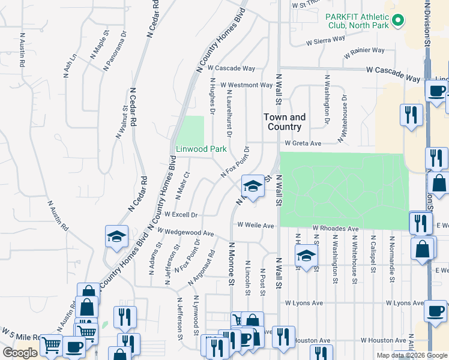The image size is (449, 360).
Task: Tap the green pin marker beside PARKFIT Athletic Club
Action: click(x=397, y=22)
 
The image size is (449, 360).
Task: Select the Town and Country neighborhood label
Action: click(x=285, y=122)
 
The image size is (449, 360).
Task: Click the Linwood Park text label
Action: click(x=200, y=148)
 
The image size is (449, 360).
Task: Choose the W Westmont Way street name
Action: click(x=246, y=85)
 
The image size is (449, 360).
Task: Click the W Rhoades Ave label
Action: click(x=335, y=229)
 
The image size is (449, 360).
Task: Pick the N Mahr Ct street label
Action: click(x=182, y=185)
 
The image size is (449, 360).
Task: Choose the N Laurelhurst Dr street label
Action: click(x=229, y=106)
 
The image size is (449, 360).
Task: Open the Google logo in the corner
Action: click(x=20, y=353)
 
